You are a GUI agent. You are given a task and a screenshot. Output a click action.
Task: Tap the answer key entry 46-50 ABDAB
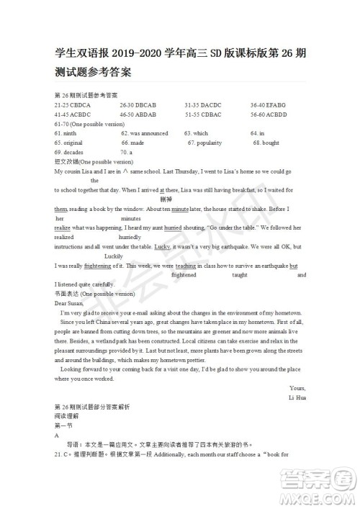[x=138, y=114]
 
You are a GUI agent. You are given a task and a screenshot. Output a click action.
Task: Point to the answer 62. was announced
[x=144, y=133]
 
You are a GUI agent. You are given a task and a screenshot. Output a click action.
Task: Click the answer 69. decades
[x=68, y=152]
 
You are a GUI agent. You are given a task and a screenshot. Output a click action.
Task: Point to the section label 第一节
[x=64, y=426]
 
